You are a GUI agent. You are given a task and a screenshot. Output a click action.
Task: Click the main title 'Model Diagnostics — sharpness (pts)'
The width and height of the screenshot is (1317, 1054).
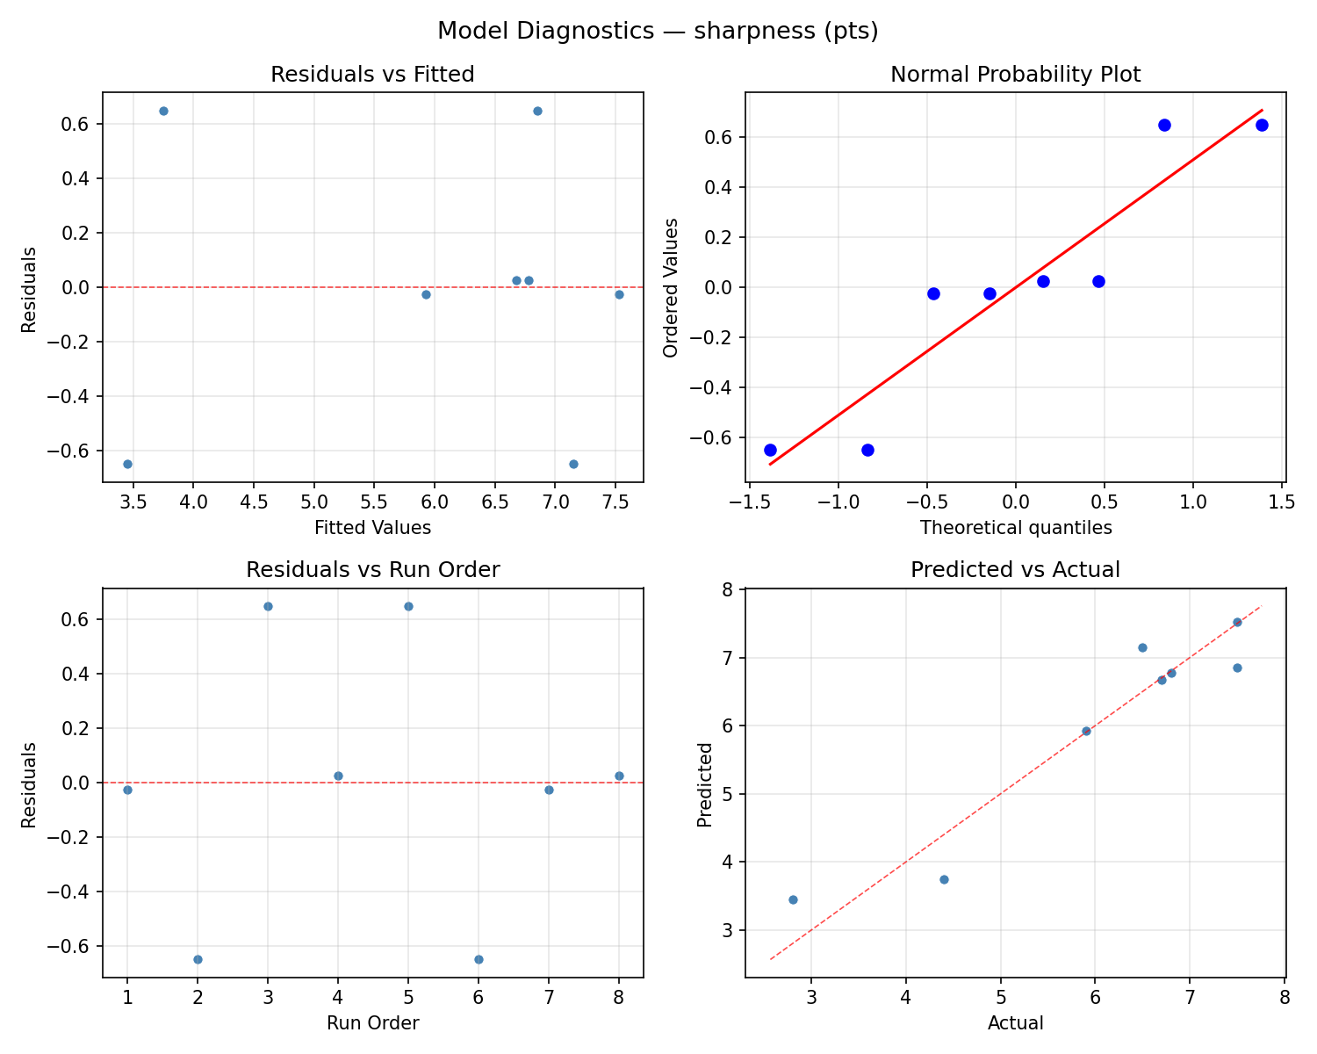coord(658,31)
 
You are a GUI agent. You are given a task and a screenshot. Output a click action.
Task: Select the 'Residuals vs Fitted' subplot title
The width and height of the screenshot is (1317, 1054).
coord(372,75)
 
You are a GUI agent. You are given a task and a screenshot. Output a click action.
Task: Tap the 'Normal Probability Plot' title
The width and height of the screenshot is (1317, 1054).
coord(1015,75)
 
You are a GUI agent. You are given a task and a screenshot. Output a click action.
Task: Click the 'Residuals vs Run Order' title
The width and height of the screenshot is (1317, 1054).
coord(372,570)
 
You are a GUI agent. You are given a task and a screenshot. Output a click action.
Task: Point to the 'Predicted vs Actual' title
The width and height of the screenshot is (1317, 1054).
coord(1015,570)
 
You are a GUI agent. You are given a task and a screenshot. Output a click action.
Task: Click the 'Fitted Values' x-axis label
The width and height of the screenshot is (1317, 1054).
coord(372,528)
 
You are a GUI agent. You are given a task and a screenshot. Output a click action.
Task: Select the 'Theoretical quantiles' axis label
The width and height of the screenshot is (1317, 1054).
coord(1015,528)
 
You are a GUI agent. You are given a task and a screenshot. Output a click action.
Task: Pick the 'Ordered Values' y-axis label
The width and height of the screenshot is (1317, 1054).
coord(672,287)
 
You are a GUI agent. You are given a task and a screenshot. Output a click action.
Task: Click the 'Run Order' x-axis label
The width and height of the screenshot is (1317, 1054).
coord(372,1023)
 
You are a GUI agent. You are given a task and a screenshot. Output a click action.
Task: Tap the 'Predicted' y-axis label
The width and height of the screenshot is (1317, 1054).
coord(704,784)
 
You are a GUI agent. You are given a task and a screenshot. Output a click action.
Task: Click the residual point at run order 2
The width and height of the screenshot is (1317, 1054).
coord(198,959)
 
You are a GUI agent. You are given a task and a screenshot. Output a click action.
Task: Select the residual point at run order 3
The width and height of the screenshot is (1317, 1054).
coord(268,606)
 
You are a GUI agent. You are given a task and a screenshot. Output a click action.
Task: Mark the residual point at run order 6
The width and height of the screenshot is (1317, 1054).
coord(479,959)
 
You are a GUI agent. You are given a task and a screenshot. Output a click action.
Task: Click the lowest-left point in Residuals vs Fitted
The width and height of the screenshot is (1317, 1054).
coord(127,464)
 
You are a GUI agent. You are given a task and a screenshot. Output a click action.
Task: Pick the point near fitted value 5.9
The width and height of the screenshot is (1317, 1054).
coord(426,294)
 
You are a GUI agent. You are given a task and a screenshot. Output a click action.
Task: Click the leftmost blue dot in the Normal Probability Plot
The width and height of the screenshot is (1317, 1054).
coord(770,450)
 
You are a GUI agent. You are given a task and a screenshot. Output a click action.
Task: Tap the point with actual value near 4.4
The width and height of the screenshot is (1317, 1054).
coord(944,879)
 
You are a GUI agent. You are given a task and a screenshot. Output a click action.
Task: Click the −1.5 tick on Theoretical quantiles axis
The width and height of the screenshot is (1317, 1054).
coord(749,502)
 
